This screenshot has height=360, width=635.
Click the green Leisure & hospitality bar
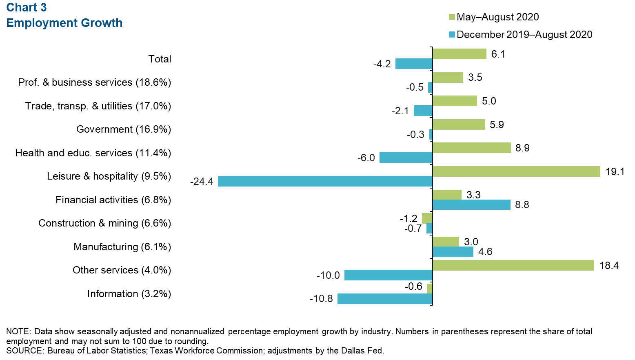pyautogui.click(x=516, y=171)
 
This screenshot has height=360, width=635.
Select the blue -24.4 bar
pyautogui.click(x=325, y=181)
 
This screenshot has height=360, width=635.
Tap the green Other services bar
pyautogui.click(x=513, y=265)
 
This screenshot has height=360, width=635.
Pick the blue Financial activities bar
pyautogui.click(x=471, y=204)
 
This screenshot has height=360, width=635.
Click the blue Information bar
pyautogui.click(x=385, y=299)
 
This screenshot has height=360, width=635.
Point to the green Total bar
pyautogui.click(x=460, y=54)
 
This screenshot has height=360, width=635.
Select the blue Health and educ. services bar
pyautogui.click(x=406, y=158)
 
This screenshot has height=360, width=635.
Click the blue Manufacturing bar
pyautogui.click(x=453, y=252)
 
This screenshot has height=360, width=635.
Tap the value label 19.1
pyautogui.click(x=615, y=172)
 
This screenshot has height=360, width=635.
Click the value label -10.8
pyautogui.click(x=321, y=299)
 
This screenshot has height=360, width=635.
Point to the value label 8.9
pyautogui.click(x=522, y=148)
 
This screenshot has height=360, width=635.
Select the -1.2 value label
pyautogui.click(x=409, y=218)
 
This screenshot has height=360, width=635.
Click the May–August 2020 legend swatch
pyautogui.click(x=452, y=17)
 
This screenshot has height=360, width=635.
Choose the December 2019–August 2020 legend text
pyautogui.click(x=524, y=35)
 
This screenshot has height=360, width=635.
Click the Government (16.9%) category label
pyautogui.click(x=124, y=129)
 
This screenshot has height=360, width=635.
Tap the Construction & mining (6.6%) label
pyautogui.click(x=104, y=223)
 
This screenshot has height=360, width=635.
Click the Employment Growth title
pyautogui.click(x=64, y=23)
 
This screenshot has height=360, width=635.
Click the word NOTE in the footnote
pyautogui.click(x=18, y=331)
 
